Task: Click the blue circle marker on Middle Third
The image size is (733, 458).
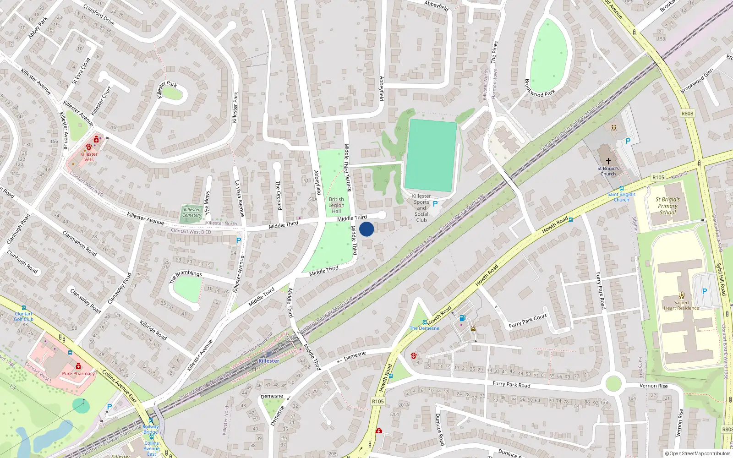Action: coord(366,229)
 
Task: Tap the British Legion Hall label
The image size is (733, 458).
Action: coord(336,205)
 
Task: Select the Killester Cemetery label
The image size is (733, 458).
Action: coord(192,213)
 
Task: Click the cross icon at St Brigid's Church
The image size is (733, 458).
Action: coord(608,161)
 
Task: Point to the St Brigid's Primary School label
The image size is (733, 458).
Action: coord(667,206)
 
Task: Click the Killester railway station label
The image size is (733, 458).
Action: coord(268,361)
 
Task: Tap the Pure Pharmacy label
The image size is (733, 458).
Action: coord(78,373)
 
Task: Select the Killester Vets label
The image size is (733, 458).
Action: coord(89,157)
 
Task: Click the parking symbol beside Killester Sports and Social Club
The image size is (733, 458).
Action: coord(435,204)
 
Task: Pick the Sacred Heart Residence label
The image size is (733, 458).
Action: coord(681,305)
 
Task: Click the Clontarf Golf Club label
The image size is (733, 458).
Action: coord(23,316)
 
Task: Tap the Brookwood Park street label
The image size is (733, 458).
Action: coord(540,88)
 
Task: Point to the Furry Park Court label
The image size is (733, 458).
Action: coord(528,321)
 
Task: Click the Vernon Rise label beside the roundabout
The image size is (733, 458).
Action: coord(654,386)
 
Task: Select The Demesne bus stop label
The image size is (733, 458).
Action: coord(424,328)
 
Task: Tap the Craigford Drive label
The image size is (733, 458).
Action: coord(99,15)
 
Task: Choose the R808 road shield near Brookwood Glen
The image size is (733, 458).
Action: coord(687,114)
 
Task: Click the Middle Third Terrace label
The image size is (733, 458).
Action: coord(348,167)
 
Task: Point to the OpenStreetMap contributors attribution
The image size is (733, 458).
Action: coord(698,454)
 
